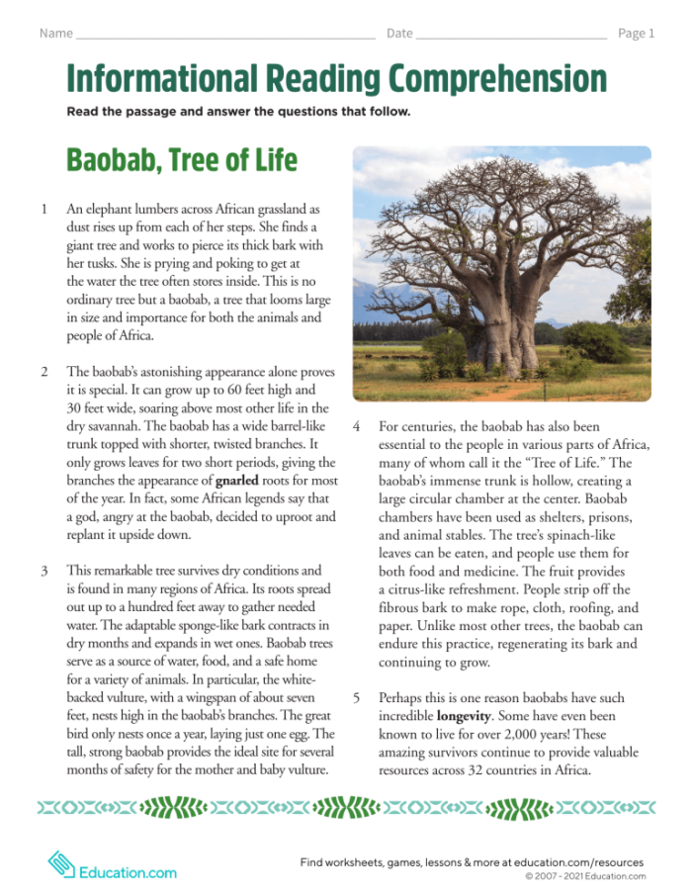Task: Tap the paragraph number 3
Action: [44, 571]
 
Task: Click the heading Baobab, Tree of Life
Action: [181, 159]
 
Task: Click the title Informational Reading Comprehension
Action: [336, 78]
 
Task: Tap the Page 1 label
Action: [636, 33]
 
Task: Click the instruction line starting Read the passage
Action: [238, 112]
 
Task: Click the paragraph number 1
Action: [44, 210]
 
